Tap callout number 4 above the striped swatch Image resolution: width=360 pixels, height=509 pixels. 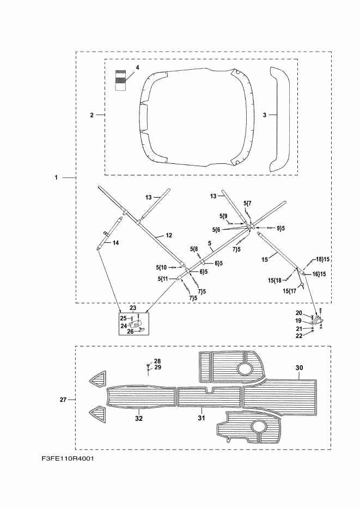click(137, 67)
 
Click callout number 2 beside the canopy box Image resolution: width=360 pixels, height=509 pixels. click(92, 115)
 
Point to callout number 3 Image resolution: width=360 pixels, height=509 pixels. click(265, 115)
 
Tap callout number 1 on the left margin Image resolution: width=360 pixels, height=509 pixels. click(56, 177)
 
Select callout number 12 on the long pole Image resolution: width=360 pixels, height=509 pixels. click(168, 235)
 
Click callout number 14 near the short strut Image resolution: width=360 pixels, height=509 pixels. click(115, 243)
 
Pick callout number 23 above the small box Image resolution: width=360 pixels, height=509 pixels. click(133, 308)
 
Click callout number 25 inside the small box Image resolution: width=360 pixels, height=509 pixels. click(123, 318)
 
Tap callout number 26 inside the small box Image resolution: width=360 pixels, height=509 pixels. click(130, 331)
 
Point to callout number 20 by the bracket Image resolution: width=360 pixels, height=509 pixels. click(298, 312)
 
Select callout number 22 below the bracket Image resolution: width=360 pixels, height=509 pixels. click(298, 335)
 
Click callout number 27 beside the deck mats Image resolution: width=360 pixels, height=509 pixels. click(63, 400)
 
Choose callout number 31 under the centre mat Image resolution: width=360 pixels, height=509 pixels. click(201, 418)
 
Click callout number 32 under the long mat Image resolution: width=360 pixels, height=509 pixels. click(139, 418)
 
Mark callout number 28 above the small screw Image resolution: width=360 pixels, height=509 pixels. click(157, 361)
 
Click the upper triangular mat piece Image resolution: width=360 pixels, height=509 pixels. click(98, 380)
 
